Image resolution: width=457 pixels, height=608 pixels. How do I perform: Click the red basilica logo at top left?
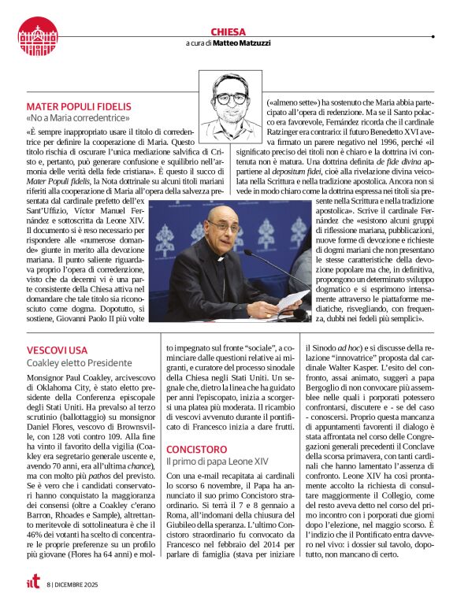pos(38,35)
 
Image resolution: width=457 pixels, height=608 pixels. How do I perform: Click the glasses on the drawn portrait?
pos(229,99)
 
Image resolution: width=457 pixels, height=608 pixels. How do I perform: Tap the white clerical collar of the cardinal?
pos(220,258)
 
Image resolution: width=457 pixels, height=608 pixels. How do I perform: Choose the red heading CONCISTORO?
pos(196,449)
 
